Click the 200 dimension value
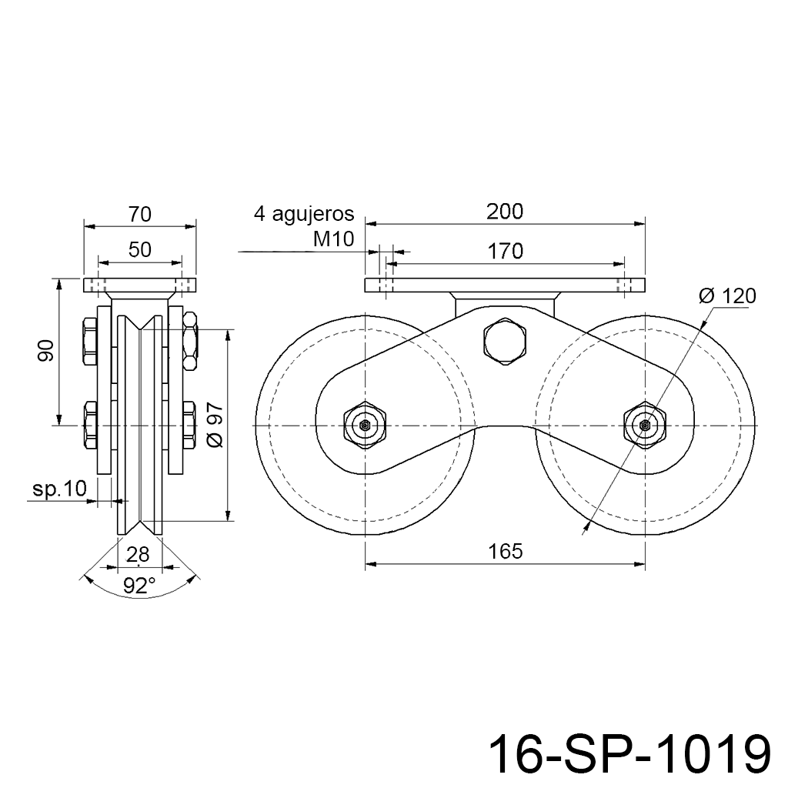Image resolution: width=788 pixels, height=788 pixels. coord(505,212)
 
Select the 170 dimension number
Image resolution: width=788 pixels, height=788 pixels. coord(505,251)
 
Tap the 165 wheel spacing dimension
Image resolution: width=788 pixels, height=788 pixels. coord(505,551)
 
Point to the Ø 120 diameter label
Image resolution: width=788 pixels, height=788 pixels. coord(727,296)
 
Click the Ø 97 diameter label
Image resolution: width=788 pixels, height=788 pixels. coord(215,424)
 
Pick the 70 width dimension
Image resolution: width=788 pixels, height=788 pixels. coord(139,215)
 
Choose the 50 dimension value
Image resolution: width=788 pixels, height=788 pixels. coord(139,249)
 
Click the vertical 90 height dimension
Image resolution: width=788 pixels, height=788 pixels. coord(46,350)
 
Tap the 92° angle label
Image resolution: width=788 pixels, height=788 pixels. coord(139,586)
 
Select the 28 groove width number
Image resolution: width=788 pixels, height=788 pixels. coord(138,554)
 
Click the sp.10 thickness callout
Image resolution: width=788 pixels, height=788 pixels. coord(60,488)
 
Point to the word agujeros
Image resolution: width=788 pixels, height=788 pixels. coord(313,214)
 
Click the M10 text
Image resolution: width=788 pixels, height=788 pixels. coord(334,239)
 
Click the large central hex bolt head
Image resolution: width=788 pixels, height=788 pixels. coord(505,340)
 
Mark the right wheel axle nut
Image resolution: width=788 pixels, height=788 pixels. coord(645,426)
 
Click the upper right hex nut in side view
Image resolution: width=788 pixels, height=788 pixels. coord(190,341)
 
